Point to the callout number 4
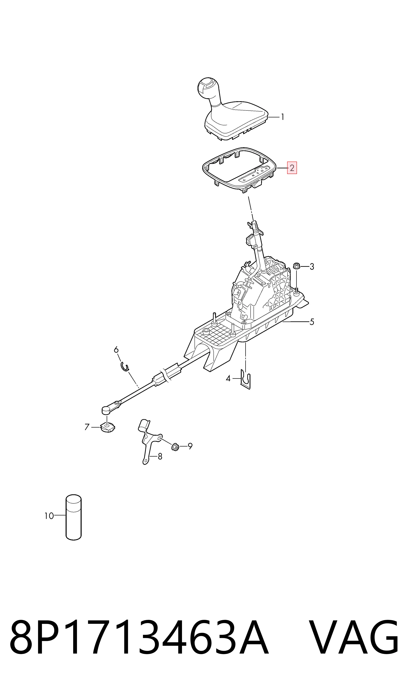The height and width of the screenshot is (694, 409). coord(228,378)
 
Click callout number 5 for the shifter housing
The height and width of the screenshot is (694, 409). coord(312,322)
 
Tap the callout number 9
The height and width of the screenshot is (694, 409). coord(190,446)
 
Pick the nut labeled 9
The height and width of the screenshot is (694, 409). coord(175,447)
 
